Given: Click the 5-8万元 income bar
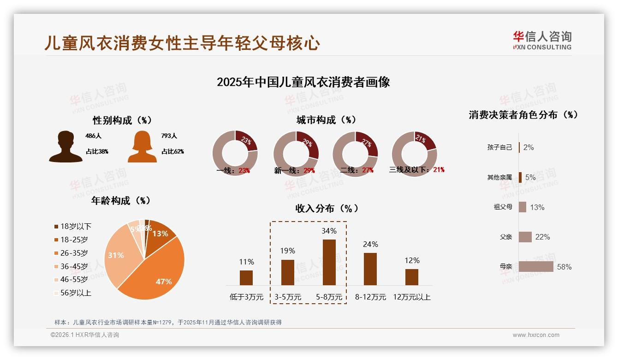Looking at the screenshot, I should coord(329,262).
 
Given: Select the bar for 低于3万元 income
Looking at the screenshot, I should coord(246,278).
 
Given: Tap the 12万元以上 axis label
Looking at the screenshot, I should coord(411,297).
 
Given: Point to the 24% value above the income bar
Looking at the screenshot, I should coord(370,244).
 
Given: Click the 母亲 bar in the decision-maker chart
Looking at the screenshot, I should coord(535,267).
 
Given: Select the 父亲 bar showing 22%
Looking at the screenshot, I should coord(525,237).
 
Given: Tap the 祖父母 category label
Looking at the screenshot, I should coord(503,207).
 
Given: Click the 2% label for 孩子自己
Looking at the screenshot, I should coord(529,147).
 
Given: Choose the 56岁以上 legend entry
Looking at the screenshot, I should coord(73,293).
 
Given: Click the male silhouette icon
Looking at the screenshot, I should coord(65,147).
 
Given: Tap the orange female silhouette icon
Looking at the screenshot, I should coord(142,147).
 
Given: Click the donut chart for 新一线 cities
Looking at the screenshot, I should coord(296,154).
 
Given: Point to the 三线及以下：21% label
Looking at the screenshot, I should coord(416,170).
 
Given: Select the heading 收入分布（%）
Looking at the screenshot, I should coord(327,208).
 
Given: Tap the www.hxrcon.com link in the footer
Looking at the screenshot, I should coord(536,335).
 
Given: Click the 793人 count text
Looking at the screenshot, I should coord(169,136).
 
